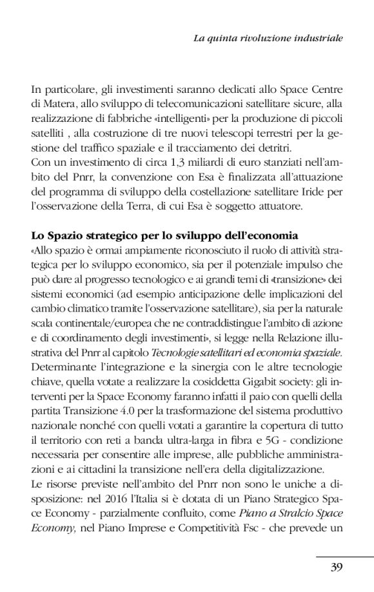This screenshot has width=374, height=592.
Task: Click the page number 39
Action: coord(335,567)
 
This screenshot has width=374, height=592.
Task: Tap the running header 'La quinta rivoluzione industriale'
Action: coord(268,39)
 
